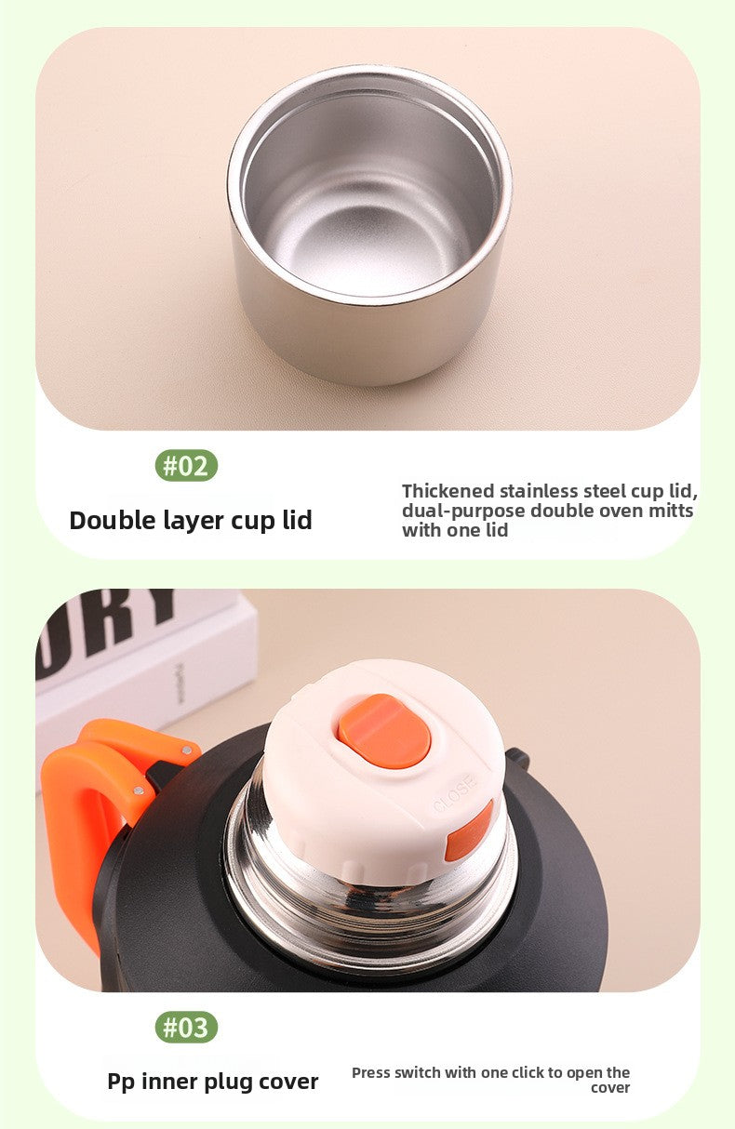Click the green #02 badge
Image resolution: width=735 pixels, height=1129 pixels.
pos(186,465)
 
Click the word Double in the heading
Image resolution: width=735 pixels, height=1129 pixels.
pos(113,520)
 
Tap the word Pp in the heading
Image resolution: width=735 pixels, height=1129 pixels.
pos(121,1083)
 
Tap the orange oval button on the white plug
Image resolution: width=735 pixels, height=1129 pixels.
pos(384,731)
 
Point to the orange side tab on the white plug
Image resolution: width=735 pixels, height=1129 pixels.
pos(469,830)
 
